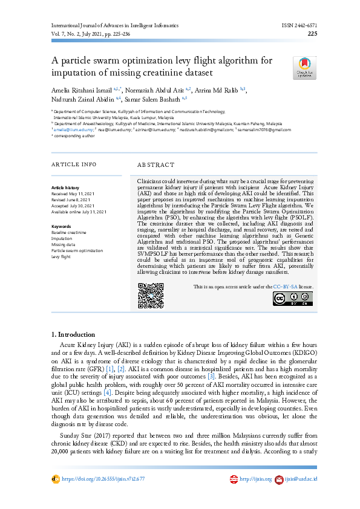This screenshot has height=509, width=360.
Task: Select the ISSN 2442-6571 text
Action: pyautogui.click(x=298, y=27)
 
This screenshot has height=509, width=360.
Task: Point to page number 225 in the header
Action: pyautogui.click(x=312, y=34)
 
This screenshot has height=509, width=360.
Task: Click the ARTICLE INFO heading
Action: pyautogui.click(x=74, y=164)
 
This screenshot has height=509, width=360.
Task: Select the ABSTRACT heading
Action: pyautogui.click(x=155, y=164)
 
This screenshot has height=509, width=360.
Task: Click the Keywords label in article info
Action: pyautogui.click(x=61, y=226)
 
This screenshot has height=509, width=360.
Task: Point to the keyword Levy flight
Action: pyautogui.click(x=61, y=256)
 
